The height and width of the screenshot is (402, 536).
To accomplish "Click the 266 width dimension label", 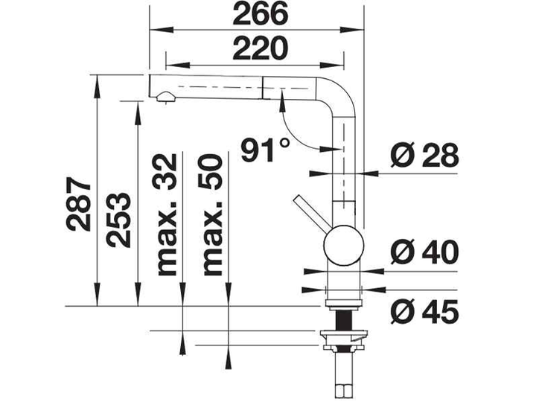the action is coord(260,13).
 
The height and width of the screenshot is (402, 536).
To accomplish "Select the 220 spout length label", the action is coord(260,48).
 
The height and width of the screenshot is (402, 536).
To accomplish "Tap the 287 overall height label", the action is coord(80,204).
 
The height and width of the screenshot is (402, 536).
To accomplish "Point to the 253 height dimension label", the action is coord(118,220).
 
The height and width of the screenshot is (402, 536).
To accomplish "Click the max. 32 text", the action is coord(167,214).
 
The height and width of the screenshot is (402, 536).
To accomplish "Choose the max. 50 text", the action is coord(212,214).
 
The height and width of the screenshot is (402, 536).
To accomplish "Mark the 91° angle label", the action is coord(265,150).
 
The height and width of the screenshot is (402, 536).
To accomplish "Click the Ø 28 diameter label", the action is coord(424,155).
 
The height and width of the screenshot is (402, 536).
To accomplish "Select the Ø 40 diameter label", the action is coord(424,252).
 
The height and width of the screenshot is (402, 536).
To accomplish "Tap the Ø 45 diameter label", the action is coord(424,311).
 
